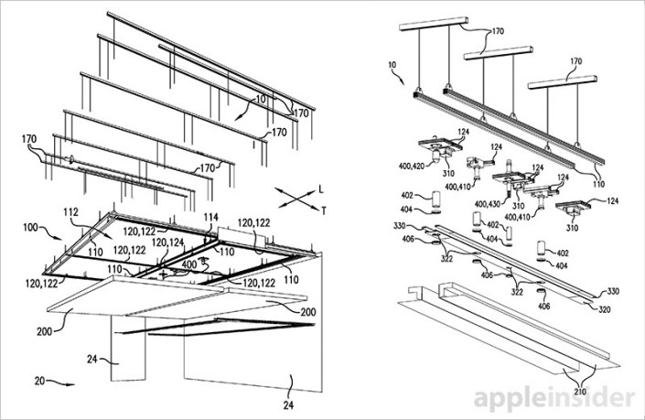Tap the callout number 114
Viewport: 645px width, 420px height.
[210, 217]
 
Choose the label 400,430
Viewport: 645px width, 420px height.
[485, 202]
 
